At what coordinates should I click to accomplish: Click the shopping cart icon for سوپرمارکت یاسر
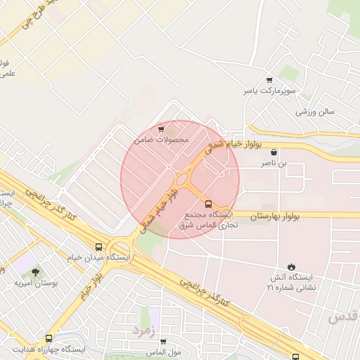[269, 79]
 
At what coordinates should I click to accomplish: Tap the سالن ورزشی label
[315, 112]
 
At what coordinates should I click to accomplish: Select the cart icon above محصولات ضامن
[162, 129]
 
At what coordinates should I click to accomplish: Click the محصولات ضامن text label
[162, 140]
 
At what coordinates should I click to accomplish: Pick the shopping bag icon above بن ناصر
[274, 153]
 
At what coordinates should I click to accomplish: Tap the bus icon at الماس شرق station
[207, 204]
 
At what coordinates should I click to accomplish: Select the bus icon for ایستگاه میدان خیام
[98, 247]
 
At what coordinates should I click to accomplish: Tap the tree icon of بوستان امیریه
[36, 271]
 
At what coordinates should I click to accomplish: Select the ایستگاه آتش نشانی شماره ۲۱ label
[292, 282]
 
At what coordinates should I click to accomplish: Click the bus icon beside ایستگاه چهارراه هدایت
[13, 349]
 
